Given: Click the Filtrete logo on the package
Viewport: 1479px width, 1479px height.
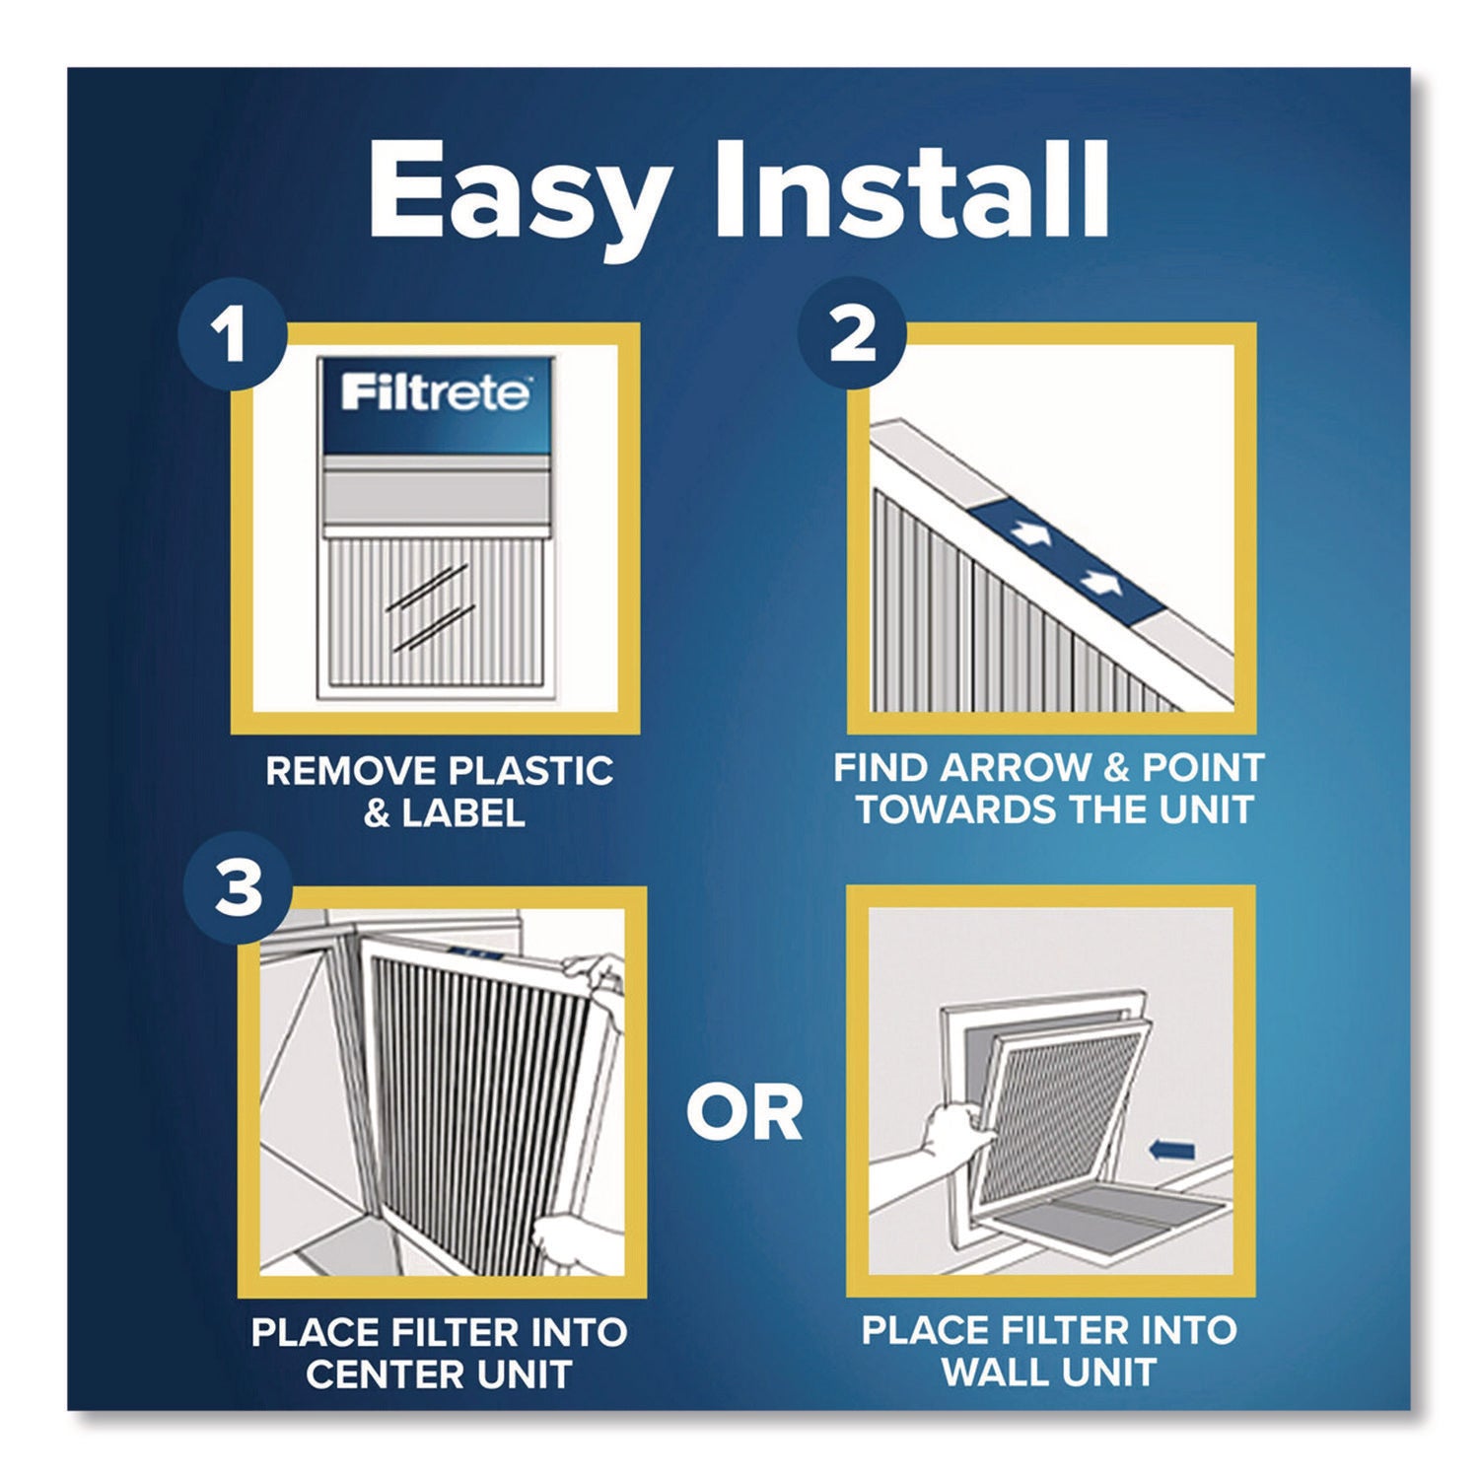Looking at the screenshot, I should (435, 394).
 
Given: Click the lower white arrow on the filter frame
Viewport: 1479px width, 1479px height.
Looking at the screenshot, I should (1099, 582).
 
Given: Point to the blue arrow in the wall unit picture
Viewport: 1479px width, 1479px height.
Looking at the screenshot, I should (1172, 1150).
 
